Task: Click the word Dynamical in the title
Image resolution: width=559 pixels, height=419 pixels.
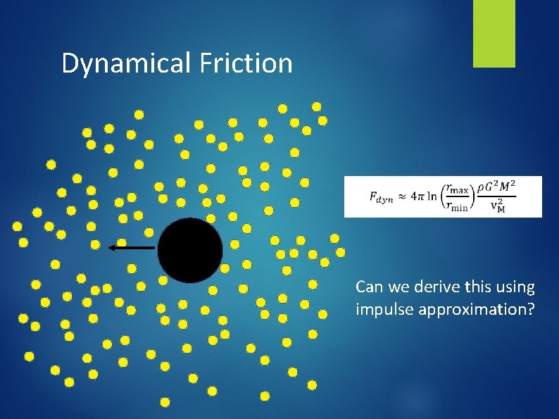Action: click(125, 64)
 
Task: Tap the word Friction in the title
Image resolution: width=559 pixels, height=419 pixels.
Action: click(246, 63)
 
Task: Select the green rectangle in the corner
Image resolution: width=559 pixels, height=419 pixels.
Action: click(494, 34)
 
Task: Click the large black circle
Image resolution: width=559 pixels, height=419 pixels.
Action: click(190, 250)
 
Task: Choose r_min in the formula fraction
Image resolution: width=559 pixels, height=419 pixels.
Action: click(460, 206)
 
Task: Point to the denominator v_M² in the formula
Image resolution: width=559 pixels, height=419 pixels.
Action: click(498, 206)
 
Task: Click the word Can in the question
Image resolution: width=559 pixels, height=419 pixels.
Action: click(369, 287)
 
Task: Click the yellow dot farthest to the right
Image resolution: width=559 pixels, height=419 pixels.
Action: click(341, 251)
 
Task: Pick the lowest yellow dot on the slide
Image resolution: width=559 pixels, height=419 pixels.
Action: click(165, 402)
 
